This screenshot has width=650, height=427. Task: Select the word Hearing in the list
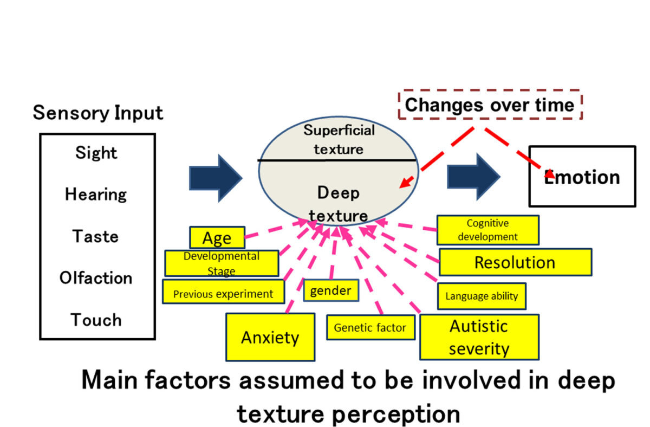point(96,195)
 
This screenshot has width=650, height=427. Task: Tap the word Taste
point(95,236)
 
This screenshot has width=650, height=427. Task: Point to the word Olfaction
point(96,278)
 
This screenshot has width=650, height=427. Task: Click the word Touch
point(96,320)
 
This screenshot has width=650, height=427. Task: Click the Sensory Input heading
point(98,113)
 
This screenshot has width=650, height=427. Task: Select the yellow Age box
point(217,238)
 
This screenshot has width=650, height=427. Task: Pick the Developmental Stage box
point(222,263)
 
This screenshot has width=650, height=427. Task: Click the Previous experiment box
point(223,294)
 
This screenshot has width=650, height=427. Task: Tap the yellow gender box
point(330,290)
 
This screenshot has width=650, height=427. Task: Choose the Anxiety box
point(270,337)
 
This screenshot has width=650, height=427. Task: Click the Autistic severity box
point(479,337)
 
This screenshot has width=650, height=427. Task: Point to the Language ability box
point(481,296)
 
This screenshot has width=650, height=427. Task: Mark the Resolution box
point(515,263)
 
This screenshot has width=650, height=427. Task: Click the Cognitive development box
point(487,230)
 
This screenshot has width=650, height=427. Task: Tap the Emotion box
point(582,177)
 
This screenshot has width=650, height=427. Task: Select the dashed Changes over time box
point(490,105)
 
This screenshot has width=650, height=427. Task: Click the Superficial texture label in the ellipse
point(339,139)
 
